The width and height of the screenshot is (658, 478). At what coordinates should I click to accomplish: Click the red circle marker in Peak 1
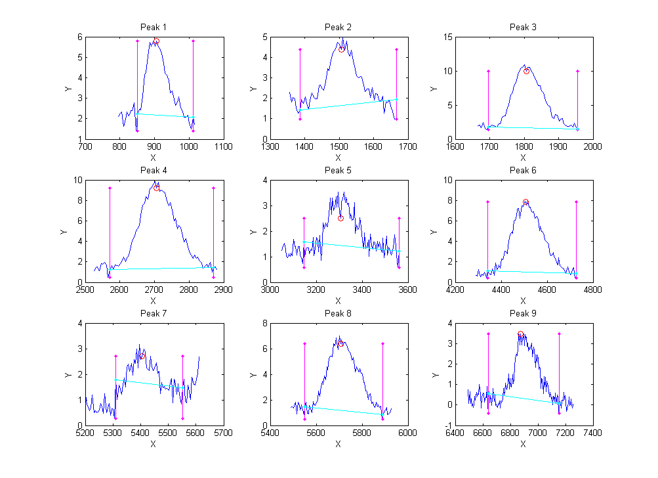(156, 41)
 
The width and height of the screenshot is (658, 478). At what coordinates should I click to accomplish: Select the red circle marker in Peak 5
(340, 218)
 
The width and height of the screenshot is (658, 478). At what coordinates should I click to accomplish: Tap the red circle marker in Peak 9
(520, 334)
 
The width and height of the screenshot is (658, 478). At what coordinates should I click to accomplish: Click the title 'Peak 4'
(154, 170)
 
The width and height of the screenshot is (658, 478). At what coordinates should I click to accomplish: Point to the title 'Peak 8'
(338, 313)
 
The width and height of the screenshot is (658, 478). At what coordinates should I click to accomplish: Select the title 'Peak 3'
(523, 27)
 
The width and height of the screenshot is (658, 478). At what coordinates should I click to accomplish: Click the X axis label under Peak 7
(154, 444)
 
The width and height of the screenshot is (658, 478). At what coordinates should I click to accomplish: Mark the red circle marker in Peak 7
(142, 355)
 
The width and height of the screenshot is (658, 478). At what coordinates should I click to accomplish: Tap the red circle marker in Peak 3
(526, 71)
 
